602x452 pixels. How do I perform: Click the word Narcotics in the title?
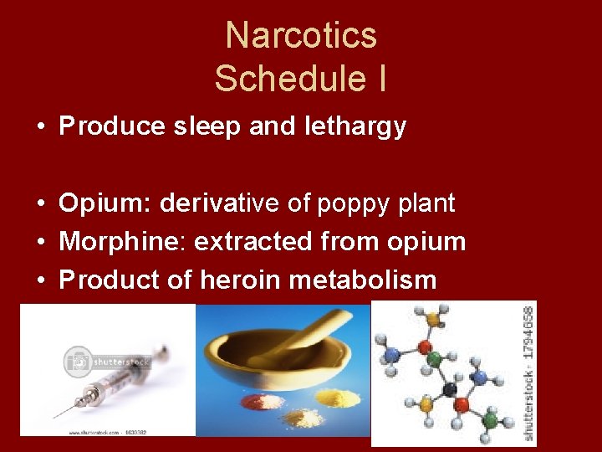[301, 36]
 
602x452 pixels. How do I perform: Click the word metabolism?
[363, 280]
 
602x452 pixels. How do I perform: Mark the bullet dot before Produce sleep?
[40, 127]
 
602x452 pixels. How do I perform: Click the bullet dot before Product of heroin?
[40, 280]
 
